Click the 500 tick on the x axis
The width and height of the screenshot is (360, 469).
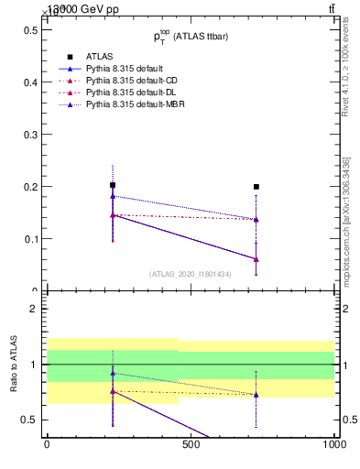pos(191,446)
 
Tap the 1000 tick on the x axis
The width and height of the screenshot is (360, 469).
pos(332,446)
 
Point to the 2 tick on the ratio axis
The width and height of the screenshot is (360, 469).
pos(37,309)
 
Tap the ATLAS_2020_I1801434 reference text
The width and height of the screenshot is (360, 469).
pos(191,274)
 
